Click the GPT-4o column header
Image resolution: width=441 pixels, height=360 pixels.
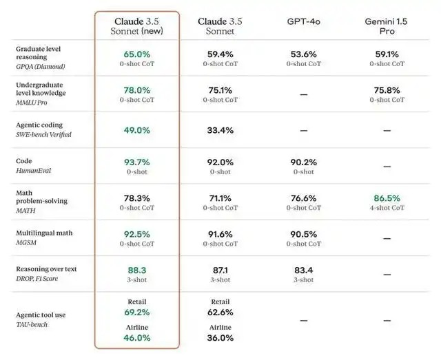pyautogui.click(x=304, y=22)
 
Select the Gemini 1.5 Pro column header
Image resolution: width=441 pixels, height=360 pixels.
pyautogui.click(x=387, y=27)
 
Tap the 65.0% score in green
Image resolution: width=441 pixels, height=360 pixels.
pyautogui.click(x=137, y=53)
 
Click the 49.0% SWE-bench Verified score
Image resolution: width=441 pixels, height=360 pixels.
pyautogui.click(x=137, y=130)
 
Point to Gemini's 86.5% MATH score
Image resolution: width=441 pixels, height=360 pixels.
pyautogui.click(x=387, y=198)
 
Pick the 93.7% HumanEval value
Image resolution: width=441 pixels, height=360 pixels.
pyautogui.click(x=137, y=162)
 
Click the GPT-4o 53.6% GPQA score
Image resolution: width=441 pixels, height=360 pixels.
pyautogui.click(x=304, y=53)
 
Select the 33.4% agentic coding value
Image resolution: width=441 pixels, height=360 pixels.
pyautogui.click(x=220, y=130)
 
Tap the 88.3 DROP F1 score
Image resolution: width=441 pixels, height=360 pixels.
pyautogui.click(x=137, y=271)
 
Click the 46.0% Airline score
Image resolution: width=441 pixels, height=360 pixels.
pyautogui.click(x=137, y=338)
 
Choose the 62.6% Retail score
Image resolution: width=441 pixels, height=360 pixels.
pyautogui.click(x=220, y=312)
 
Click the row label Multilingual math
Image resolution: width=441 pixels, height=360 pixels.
pyautogui.click(x=44, y=233)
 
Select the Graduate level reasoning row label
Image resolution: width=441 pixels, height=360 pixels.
pyautogui.click(x=39, y=53)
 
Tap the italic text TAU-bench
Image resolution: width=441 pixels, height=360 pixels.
pyautogui.click(x=32, y=324)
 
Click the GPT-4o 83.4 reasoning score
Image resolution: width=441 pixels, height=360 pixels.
pyautogui.click(x=304, y=271)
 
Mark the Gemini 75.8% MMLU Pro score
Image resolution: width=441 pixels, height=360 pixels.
pyautogui.click(x=387, y=89)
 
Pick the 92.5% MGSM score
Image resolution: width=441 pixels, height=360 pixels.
pyautogui.click(x=137, y=234)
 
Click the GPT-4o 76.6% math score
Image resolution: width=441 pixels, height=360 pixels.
pyautogui.click(x=304, y=198)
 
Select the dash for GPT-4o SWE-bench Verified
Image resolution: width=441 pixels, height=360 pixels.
pyautogui.click(x=304, y=130)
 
